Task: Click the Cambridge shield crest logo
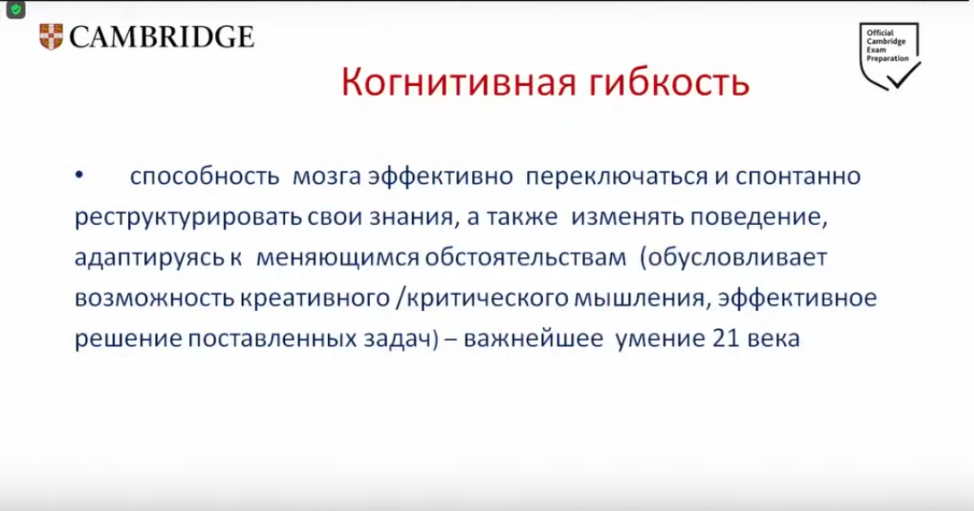[x=51, y=37]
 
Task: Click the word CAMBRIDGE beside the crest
[x=162, y=38]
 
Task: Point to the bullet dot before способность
[x=79, y=176]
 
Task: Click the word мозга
[x=327, y=177]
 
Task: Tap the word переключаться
[x=616, y=177]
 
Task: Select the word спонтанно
[x=798, y=177]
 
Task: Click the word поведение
[x=759, y=217]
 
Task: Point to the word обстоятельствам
[x=525, y=257]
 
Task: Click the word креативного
[x=315, y=299]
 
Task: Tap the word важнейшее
[x=533, y=339]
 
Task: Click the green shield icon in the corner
[x=15, y=10]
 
